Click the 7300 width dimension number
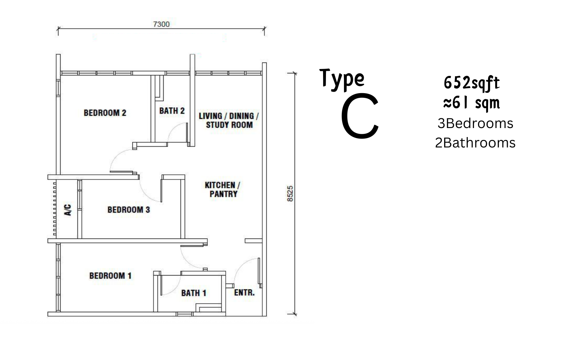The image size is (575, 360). tap(161, 24)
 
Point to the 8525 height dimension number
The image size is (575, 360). tap(290, 193)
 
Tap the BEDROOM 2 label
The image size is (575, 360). tap(105, 113)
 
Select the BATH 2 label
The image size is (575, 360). tap(172, 111)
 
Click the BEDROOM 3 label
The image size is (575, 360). tap(129, 210)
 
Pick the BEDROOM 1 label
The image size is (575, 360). tap(110, 276)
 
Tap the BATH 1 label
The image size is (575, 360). tap(194, 293)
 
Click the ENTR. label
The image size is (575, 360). tap(244, 292)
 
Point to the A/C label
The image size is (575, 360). tap(68, 210)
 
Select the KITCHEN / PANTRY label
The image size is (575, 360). tap(222, 190)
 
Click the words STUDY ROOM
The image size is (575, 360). tap(229, 125)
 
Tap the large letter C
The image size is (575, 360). tap(360, 116)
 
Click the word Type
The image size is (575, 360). tap(342, 79)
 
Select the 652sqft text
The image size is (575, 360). tap(472, 83)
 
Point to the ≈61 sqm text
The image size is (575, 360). tap(472, 103)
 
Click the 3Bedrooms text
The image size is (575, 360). tap(475, 124)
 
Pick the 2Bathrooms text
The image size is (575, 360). tap(475, 143)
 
